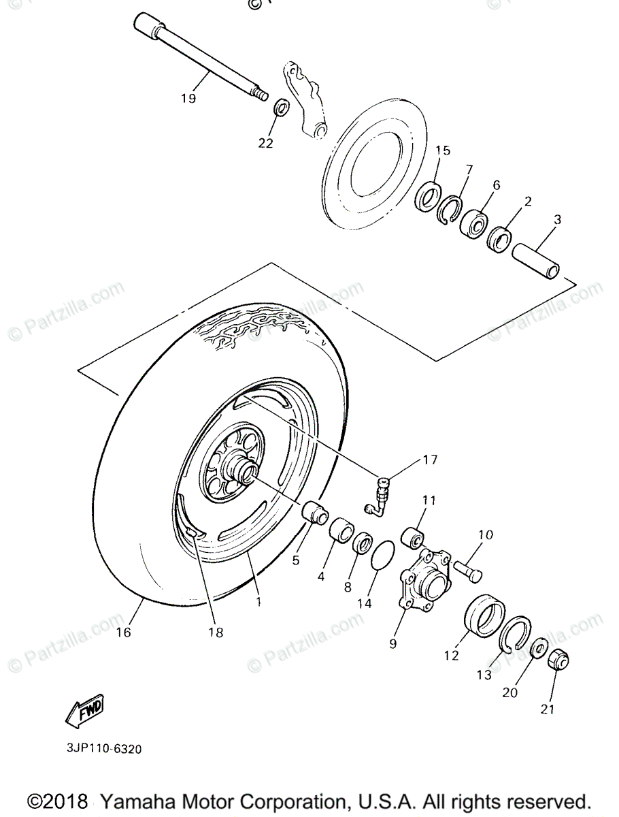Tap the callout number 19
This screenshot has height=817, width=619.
point(188,98)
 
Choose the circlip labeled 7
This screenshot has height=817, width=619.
point(449,210)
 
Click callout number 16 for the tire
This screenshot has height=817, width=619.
point(123,632)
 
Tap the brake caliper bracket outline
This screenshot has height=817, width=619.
point(303,99)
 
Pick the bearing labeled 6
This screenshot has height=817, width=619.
point(474,222)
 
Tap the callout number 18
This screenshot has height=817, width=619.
point(216,632)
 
